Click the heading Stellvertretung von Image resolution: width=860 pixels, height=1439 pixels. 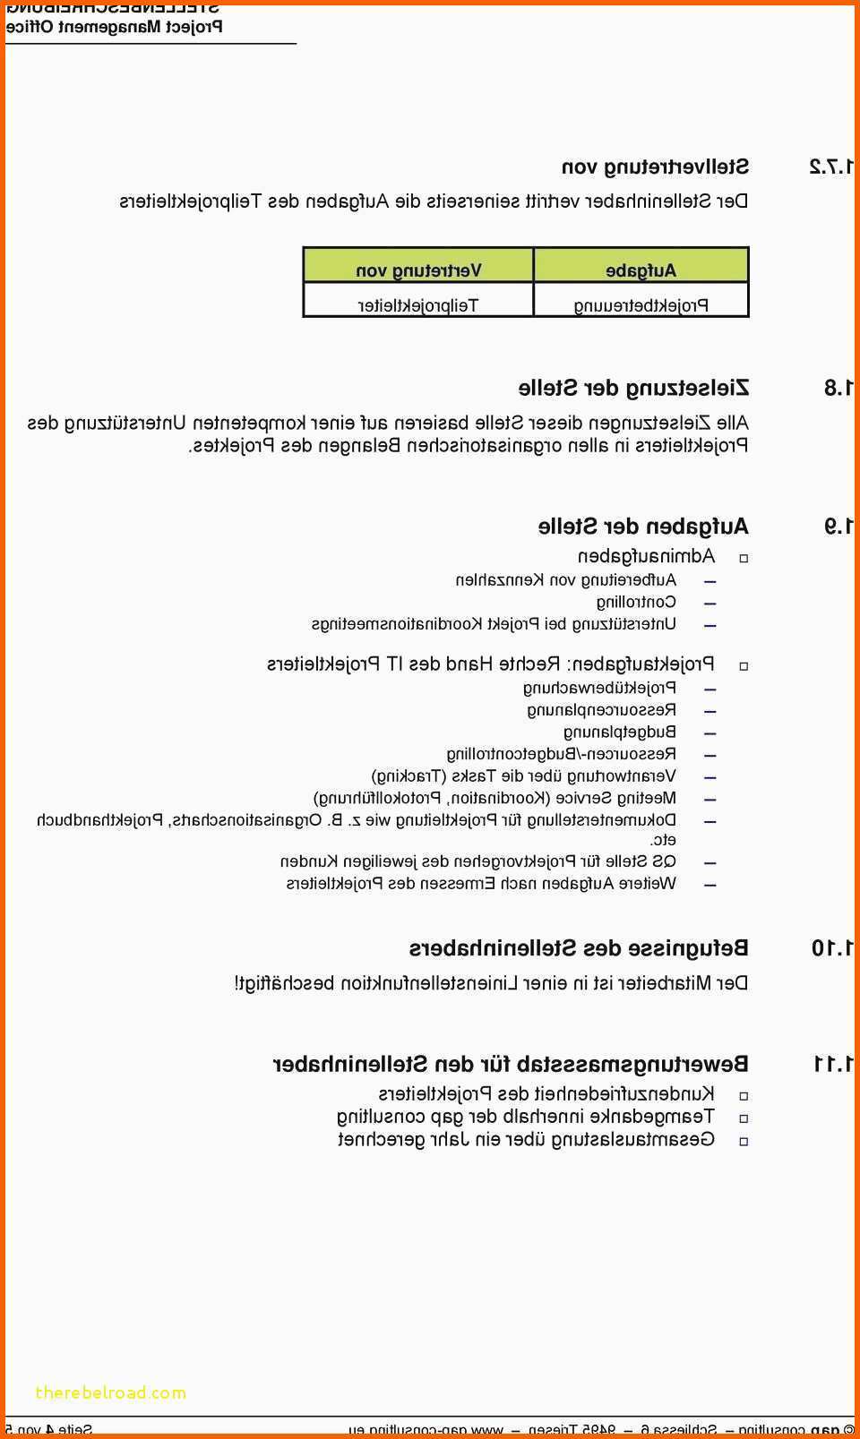click(655, 167)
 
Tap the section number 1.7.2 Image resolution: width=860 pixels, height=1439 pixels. click(832, 167)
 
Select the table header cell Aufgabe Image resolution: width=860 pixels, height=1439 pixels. click(641, 270)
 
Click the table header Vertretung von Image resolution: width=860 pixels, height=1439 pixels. click(418, 270)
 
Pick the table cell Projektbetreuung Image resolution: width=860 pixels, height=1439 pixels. click(641, 305)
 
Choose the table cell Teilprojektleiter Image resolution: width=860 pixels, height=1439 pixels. click(418, 305)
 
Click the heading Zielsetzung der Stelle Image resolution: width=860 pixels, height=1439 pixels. click(633, 388)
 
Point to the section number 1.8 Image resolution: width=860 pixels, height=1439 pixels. click(839, 388)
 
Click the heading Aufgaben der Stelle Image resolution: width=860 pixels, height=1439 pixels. click(643, 526)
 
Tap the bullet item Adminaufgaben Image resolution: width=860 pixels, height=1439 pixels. click(646, 556)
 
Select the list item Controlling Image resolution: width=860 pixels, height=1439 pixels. click(636, 602)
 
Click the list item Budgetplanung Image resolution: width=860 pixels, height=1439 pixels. click(620, 732)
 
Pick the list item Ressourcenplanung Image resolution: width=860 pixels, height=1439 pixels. click(601, 710)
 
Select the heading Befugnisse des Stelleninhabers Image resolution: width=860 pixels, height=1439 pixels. click(579, 947)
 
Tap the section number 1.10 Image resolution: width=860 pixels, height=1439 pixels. click(833, 947)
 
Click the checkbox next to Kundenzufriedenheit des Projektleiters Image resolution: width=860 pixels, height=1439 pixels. click(744, 1095)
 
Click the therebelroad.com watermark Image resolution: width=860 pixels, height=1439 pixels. click(111, 1392)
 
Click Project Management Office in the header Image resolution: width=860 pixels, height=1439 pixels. click(115, 26)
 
